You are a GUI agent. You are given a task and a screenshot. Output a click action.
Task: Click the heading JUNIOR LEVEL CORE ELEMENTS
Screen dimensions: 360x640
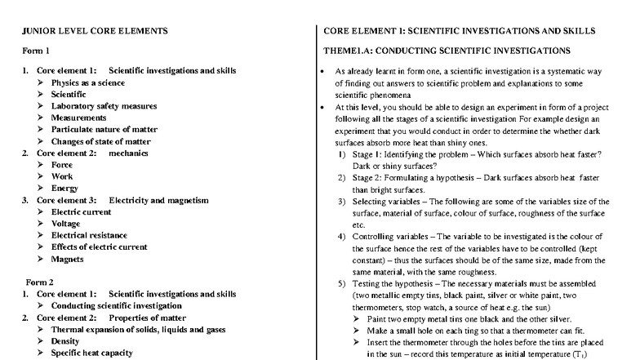[x=95, y=31]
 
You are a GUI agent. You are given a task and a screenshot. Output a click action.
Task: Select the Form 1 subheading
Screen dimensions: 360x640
[x=33, y=51]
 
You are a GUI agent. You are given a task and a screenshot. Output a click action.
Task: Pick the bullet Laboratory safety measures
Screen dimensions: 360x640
[x=104, y=106]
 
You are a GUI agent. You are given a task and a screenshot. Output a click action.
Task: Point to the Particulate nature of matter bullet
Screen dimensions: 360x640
[x=104, y=129]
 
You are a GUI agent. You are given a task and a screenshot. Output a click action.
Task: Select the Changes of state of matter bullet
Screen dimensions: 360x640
[x=100, y=141]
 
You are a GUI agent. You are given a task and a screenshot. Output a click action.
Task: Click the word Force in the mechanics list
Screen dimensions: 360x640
[x=63, y=165]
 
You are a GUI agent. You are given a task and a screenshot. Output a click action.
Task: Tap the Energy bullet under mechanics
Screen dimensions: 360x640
[x=64, y=188]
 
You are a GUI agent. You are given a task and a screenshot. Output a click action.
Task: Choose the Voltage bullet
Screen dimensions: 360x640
[x=66, y=223]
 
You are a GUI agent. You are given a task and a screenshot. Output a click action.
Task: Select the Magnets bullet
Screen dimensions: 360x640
[x=68, y=259]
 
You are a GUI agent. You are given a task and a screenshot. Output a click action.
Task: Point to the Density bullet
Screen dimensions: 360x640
[x=65, y=341]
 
